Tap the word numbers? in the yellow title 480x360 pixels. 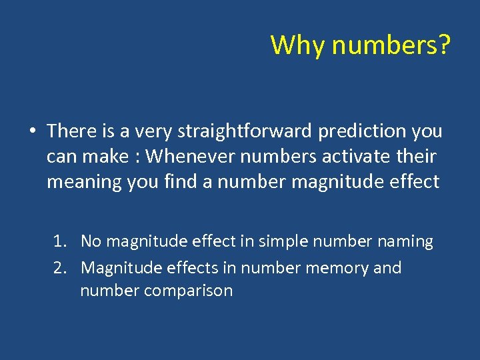click(391, 45)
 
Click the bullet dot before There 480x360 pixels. click(32, 131)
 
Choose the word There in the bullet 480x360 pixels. click(71, 131)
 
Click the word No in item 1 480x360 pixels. click(91, 241)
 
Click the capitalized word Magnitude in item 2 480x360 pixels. click(116, 268)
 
